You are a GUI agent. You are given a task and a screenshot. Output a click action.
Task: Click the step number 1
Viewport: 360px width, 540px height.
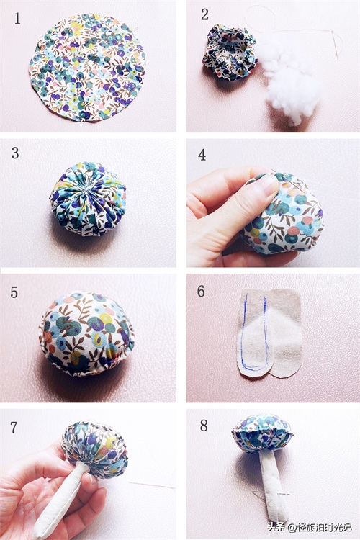point(17,19)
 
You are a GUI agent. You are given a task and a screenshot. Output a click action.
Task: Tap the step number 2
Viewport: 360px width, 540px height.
point(204,14)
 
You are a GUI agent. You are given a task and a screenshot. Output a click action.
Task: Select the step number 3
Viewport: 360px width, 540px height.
point(15,153)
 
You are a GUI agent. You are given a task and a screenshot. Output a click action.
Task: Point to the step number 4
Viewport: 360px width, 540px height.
point(202,155)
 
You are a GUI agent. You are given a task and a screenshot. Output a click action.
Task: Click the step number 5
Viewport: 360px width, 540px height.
point(14,292)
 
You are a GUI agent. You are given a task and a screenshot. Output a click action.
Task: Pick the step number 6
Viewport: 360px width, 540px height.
point(201,291)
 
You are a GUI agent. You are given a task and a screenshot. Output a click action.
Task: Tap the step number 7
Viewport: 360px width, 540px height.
point(14,428)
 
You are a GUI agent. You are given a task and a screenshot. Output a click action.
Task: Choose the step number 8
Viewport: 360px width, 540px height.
point(204,426)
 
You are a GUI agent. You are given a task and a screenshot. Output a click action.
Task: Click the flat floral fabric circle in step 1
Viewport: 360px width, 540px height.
point(88,67)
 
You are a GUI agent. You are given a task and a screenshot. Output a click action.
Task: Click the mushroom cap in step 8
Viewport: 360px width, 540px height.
point(263,434)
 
